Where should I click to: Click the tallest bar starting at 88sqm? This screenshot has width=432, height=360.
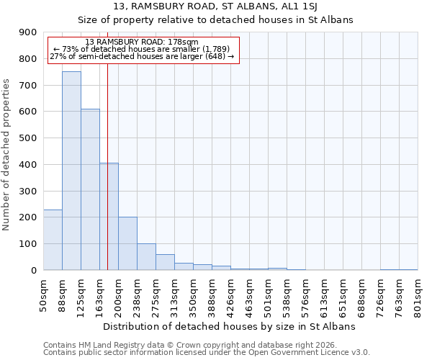click(71, 171)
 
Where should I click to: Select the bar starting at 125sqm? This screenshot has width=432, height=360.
click(90, 189)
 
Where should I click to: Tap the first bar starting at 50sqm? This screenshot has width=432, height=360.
click(53, 240)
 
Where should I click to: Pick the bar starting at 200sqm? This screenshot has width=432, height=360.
click(127, 243)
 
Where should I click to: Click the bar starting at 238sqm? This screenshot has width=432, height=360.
click(146, 257)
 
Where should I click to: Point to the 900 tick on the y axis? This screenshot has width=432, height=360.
click(28, 32)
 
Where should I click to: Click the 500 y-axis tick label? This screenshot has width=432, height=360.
click(28, 138)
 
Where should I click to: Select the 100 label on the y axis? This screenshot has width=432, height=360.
click(28, 244)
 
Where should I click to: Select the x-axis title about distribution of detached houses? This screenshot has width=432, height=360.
click(230, 326)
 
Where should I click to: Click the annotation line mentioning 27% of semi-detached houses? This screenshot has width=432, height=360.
click(142, 56)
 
